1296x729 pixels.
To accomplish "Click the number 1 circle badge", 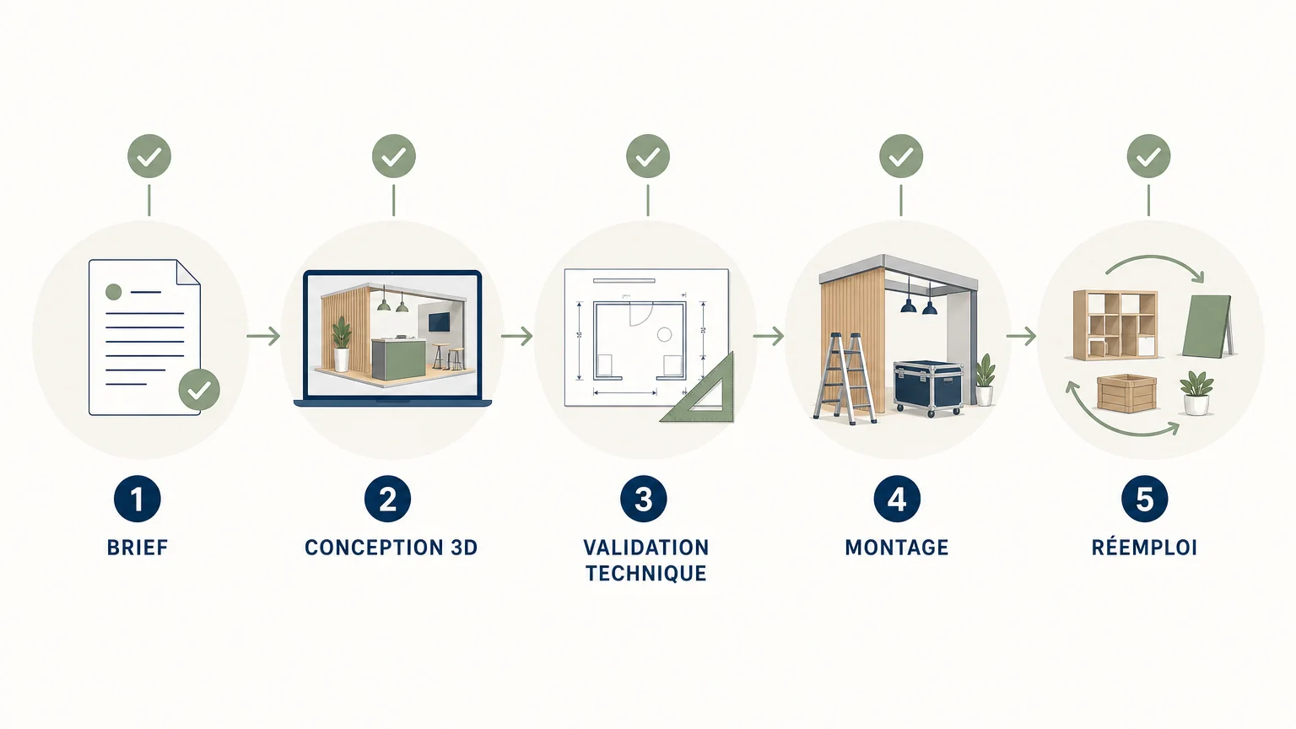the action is (138, 499).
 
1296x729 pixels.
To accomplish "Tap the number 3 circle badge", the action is (644, 499).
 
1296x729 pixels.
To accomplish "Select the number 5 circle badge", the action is (1144, 499).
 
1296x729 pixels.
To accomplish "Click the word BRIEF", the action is (138, 548).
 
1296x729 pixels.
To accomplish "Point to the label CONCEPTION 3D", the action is (391, 548).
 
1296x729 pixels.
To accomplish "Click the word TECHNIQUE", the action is (645, 574).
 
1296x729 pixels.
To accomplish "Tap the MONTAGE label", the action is (897, 548).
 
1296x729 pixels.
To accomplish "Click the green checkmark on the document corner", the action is (199, 389).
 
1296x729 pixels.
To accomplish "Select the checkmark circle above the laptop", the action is (394, 156).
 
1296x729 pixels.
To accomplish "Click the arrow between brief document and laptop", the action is (264, 336).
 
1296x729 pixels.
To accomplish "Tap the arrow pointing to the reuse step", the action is (1021, 336).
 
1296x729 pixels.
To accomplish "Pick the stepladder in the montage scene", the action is (844, 378).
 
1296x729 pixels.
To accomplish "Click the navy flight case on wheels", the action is (928, 387).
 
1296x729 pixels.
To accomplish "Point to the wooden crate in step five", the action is (1126, 393).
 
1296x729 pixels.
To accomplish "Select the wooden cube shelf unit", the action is (1115, 325).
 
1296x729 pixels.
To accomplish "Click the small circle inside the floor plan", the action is (664, 334).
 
